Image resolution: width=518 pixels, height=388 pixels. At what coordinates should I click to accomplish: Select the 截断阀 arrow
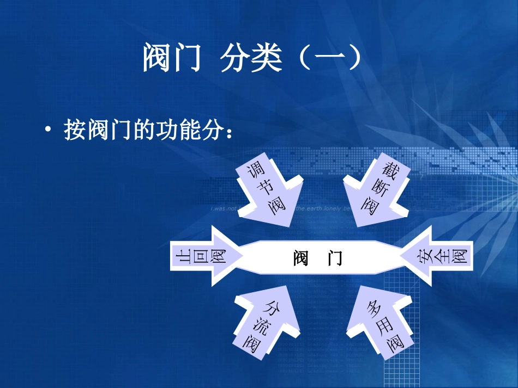[x=376, y=193]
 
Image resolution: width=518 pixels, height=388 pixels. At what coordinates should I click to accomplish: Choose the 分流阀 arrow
[x=266, y=324]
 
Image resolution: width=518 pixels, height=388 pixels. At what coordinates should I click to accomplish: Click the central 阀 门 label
[x=318, y=257]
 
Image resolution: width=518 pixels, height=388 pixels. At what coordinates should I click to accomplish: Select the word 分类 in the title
[x=251, y=59]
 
